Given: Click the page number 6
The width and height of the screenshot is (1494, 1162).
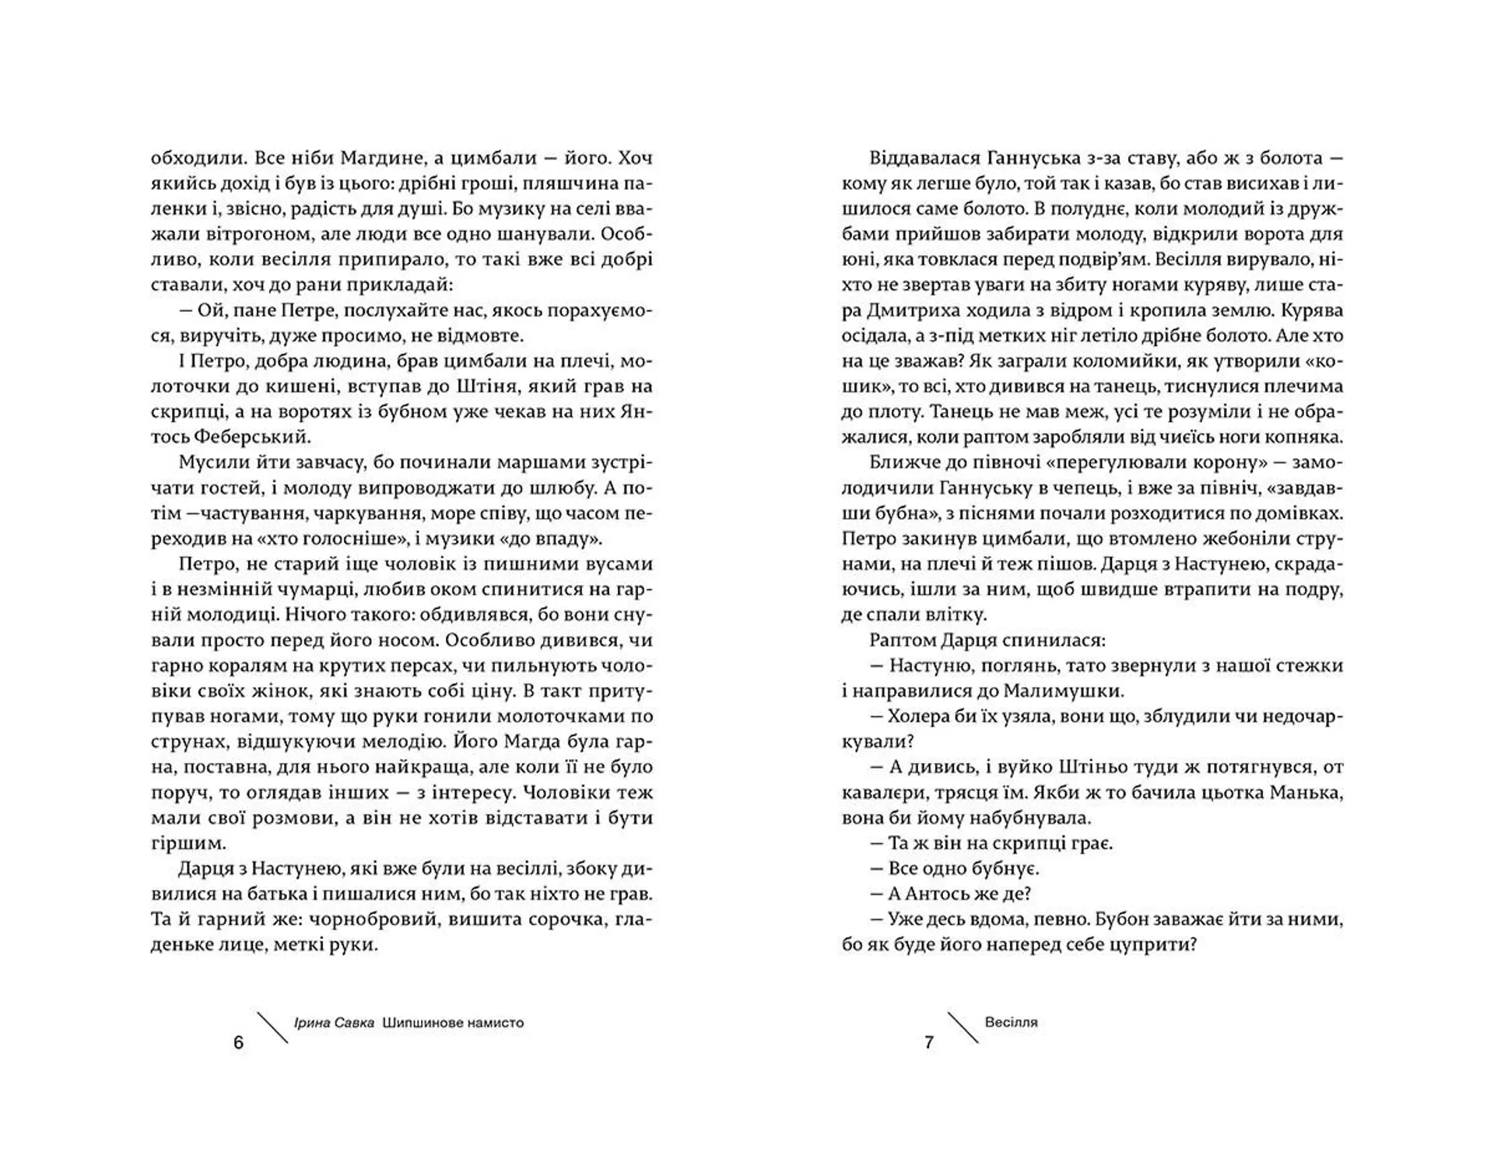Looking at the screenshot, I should coord(238,1043).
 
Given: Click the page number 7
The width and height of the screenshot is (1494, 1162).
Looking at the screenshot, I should coord(928,1043).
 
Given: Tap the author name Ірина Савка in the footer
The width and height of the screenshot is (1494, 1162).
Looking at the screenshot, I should coord(334,1023).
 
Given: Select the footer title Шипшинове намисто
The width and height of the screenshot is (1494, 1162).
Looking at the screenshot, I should coord(453,1023).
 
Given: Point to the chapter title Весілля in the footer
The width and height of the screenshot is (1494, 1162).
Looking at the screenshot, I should coord(1011,1022).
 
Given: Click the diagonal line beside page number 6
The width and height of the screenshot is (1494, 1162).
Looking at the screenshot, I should coord(272,1027).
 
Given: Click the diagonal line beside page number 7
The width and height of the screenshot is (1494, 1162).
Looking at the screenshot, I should coord(963,1027).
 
